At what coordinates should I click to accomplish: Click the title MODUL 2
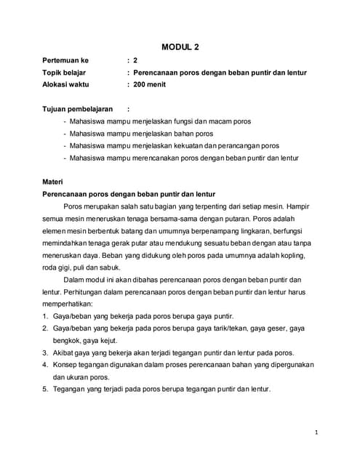click(x=180, y=47)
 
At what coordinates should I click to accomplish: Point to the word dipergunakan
click(x=289, y=365)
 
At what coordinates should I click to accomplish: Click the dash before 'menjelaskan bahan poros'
click(x=65, y=134)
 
